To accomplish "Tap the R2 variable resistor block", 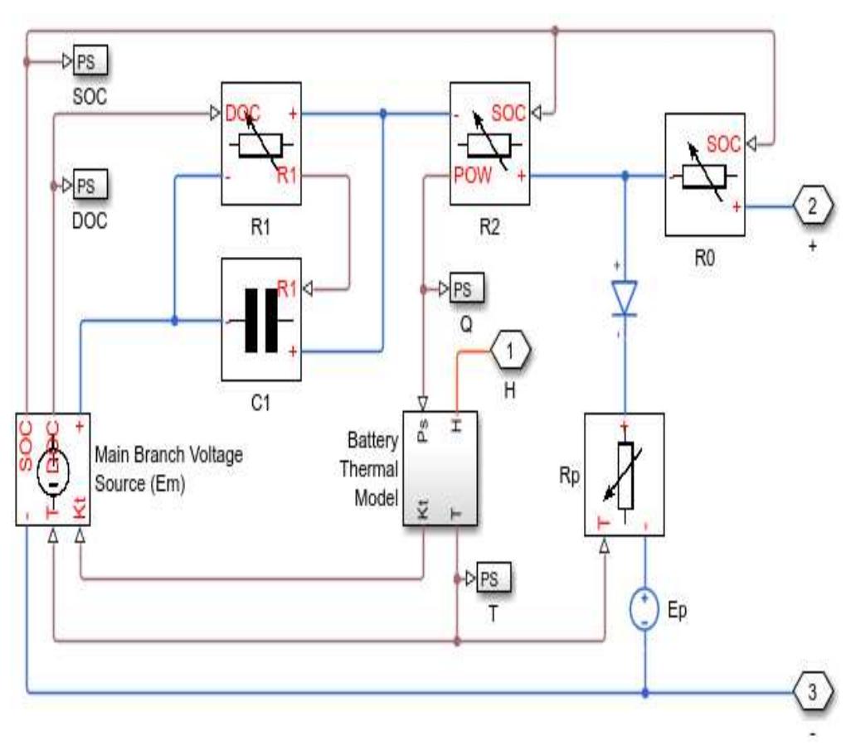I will [489, 145].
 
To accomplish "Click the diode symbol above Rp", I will [625, 299].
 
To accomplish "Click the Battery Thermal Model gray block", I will [444, 468].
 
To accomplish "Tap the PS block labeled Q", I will [466, 290].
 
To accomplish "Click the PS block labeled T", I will [494, 577].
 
